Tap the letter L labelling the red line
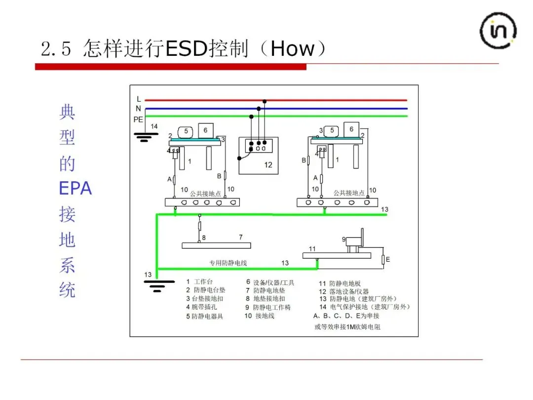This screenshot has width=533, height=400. click(139, 99)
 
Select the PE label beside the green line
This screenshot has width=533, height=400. click(138, 120)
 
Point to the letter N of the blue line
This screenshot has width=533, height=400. click(139, 109)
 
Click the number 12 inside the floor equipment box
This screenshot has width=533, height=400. click(268, 165)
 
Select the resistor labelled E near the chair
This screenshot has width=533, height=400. click(383, 259)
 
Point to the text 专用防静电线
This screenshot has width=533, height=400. click(228, 263)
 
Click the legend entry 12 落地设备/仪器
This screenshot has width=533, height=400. click(343, 292)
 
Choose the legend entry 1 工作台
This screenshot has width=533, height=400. click(200, 282)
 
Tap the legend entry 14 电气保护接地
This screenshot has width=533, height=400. click(364, 307)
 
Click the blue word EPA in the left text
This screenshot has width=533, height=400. click(75, 188)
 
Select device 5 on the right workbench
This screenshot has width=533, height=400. click(333, 131)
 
